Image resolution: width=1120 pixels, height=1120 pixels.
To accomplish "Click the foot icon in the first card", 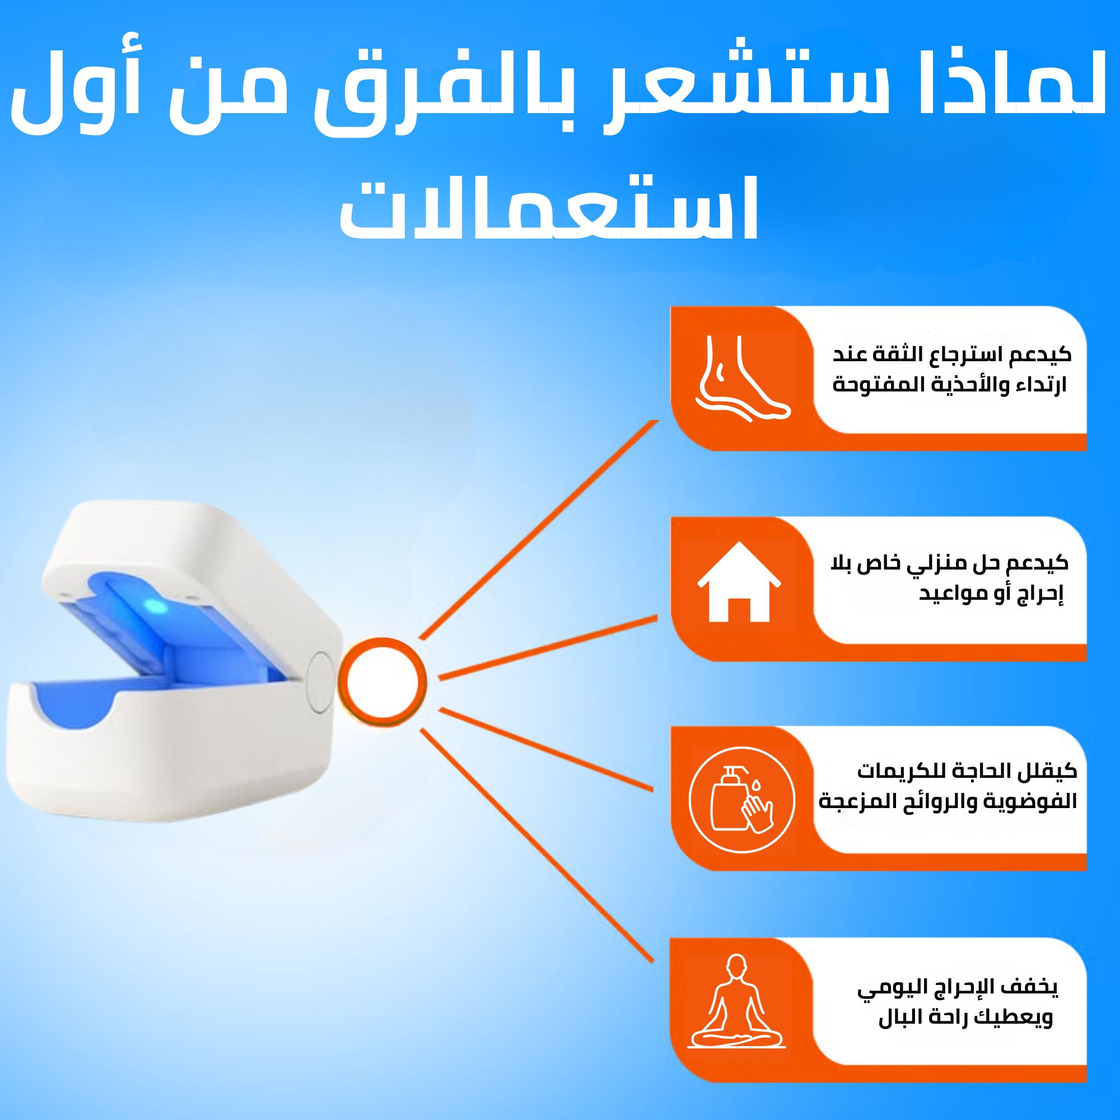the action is [x=743, y=378].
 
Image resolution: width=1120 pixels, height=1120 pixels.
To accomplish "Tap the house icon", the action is [x=739, y=581].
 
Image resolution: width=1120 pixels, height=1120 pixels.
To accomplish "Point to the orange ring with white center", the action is [x=382, y=682].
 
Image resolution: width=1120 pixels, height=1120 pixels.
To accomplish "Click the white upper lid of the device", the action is [x=192, y=574].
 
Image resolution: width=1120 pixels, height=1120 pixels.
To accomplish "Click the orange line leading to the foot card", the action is [x=539, y=529].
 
